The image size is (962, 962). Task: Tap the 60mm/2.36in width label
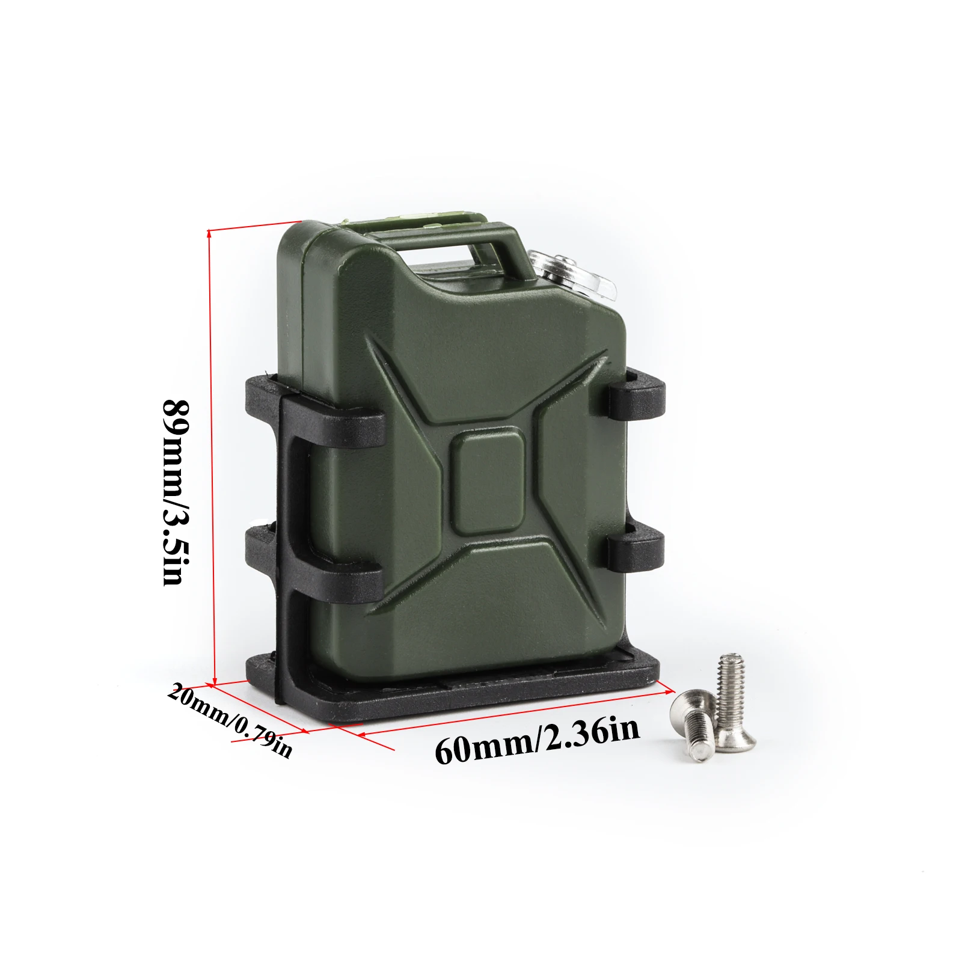[537, 741]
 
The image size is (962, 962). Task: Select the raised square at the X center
[488, 485]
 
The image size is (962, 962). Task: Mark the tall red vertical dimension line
[212, 457]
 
